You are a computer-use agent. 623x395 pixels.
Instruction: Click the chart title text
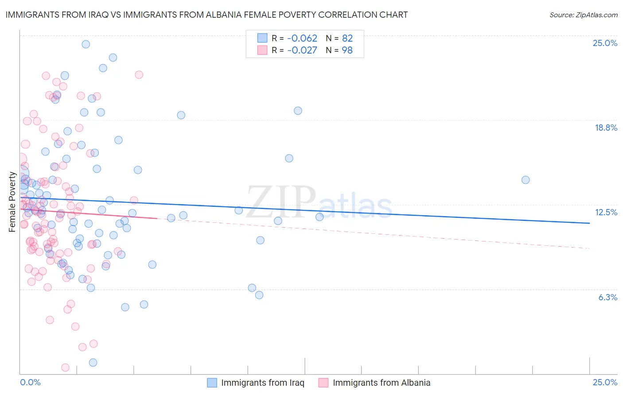pos(206,15)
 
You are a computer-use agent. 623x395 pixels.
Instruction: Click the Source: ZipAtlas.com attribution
pos(583,15)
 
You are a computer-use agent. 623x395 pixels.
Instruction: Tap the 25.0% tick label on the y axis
pos(605,43)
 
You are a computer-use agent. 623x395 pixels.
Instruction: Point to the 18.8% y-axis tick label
pos(606,128)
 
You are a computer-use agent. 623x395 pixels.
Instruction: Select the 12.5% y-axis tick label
pos(606,212)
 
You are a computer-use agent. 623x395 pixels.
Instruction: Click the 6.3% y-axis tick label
pos(607,297)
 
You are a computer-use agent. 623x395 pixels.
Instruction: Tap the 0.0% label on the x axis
pos(31,382)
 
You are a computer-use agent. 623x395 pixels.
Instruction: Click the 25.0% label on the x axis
pos(605,382)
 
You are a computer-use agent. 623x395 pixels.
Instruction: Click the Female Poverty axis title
pos(12,202)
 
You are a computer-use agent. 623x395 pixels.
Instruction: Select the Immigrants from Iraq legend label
pos(263,383)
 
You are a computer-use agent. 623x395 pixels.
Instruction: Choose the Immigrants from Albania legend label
pos(382,383)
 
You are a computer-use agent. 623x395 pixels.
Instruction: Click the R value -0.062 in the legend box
pos(302,38)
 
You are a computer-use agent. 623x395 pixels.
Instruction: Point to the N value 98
pos(347,50)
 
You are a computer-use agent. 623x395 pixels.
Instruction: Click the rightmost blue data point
pos(526,180)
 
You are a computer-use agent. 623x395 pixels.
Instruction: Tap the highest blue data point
pos(86,44)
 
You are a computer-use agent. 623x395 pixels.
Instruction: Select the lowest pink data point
pos(65,368)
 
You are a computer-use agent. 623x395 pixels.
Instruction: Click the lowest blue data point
pos(93,363)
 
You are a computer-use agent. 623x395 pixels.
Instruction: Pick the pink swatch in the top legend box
pos(262,50)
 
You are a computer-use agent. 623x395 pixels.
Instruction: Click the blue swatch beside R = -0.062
pos(262,38)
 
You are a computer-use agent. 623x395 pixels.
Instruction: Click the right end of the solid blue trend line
pos(589,223)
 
